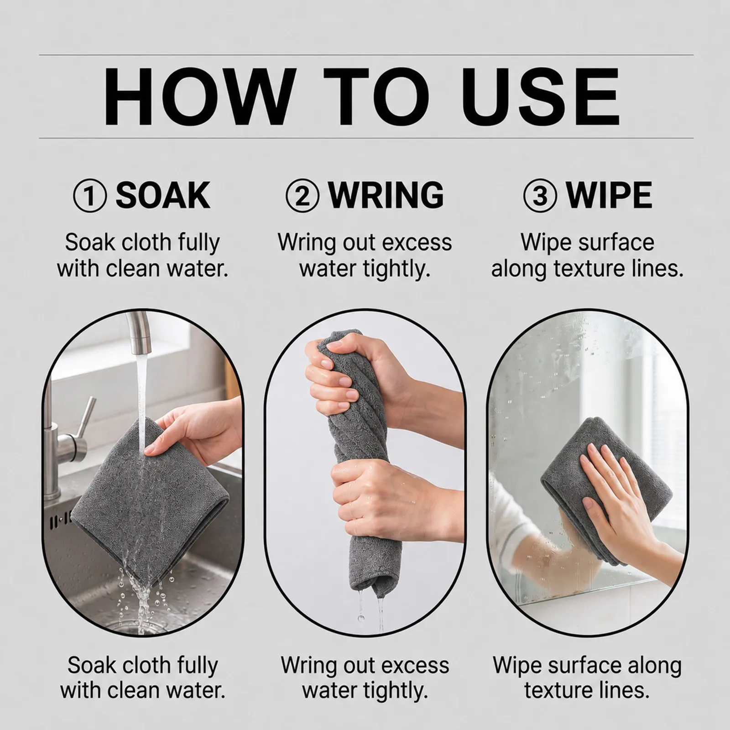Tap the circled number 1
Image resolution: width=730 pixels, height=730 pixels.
(90, 195)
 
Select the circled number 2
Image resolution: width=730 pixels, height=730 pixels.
(302, 195)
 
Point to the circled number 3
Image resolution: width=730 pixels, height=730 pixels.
(540, 195)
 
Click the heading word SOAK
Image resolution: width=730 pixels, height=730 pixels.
(163, 195)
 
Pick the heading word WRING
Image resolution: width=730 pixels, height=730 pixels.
(386, 195)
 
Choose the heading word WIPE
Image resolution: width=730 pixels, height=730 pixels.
(609, 195)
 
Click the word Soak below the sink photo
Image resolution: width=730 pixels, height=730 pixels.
(90, 666)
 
